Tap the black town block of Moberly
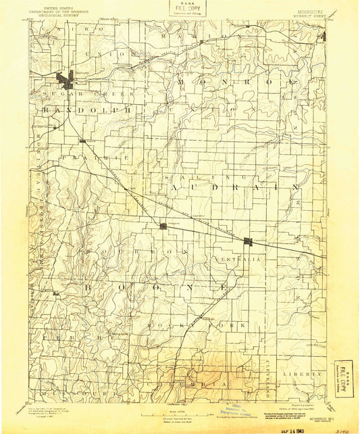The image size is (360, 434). click(x=68, y=80)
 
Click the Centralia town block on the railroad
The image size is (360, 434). click(x=249, y=241)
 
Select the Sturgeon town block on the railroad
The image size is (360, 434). click(x=163, y=226)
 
